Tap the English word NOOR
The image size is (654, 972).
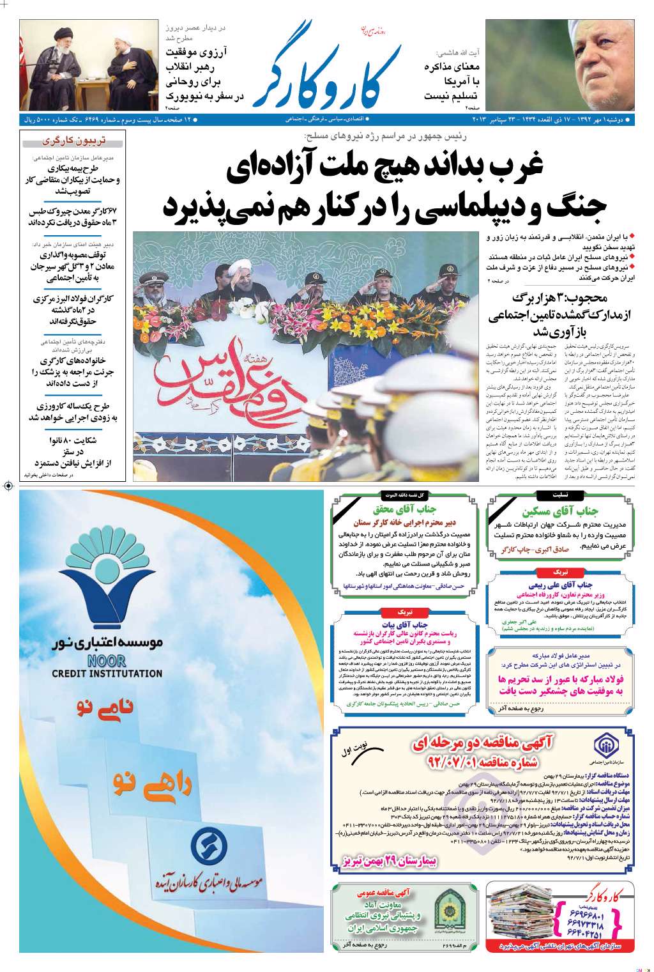(x=107, y=661)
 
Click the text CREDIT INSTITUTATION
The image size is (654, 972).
(x=107, y=673)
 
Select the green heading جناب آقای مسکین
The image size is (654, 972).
(x=559, y=511)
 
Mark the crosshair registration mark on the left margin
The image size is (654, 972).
(x=8, y=486)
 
